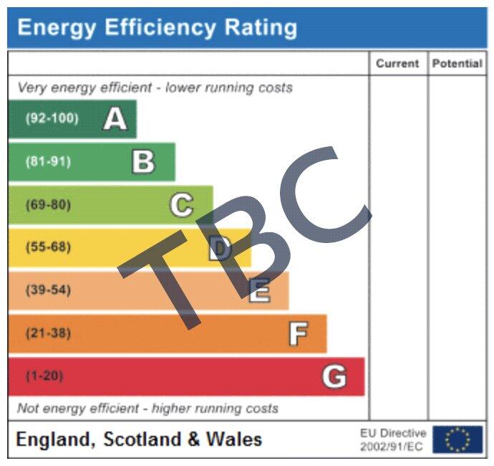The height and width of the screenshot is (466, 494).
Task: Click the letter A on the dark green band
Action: [115, 119]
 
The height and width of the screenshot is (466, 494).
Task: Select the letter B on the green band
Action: [143, 162]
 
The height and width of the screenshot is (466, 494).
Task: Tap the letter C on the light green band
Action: [181, 205]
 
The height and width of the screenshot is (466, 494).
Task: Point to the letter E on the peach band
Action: [259, 291]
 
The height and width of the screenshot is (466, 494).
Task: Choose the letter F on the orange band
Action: [298, 334]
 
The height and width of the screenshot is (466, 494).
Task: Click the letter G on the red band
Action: [334, 376]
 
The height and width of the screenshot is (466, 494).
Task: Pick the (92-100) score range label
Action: [52, 118]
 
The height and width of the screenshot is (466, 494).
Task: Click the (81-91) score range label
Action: [48, 161]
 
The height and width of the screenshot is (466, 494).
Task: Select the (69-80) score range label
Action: [48, 204]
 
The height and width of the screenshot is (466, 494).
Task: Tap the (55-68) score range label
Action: [48, 247]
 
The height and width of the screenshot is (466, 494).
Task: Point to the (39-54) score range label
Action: [48, 290]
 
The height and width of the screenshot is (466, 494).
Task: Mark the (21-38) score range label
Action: [48, 333]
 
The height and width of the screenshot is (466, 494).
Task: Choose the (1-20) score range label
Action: [44, 376]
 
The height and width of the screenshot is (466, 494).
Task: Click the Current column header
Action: [397, 63]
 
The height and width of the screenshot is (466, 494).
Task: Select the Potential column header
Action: [457, 63]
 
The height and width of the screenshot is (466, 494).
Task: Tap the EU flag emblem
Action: [457, 439]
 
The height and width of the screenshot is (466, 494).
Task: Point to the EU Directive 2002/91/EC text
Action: [393, 439]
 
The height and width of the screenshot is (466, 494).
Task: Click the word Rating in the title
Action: [261, 27]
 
